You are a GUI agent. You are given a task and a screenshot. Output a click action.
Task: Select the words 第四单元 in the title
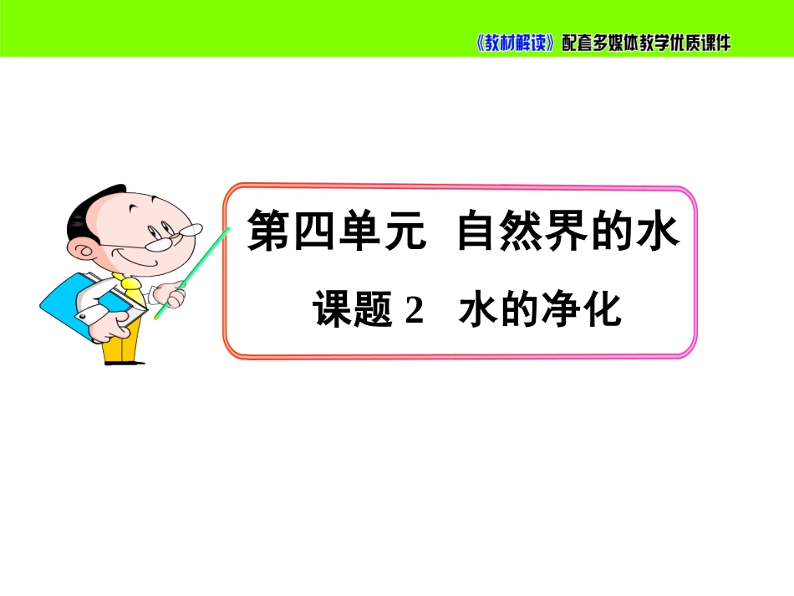336,231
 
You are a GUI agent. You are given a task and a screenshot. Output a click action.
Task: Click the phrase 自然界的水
568,231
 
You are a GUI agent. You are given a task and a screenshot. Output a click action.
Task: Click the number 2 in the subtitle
415,310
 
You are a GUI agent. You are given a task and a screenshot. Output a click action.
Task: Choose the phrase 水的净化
540,309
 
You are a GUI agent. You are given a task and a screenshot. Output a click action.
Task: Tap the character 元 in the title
405,231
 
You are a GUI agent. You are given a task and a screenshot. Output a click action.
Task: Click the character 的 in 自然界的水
611,231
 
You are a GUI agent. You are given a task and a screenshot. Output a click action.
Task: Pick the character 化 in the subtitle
602,309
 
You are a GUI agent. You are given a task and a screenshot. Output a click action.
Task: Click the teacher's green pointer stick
192,273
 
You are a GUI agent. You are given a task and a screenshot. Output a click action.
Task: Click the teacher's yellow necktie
130,288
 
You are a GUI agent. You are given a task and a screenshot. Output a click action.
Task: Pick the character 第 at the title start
267,231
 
